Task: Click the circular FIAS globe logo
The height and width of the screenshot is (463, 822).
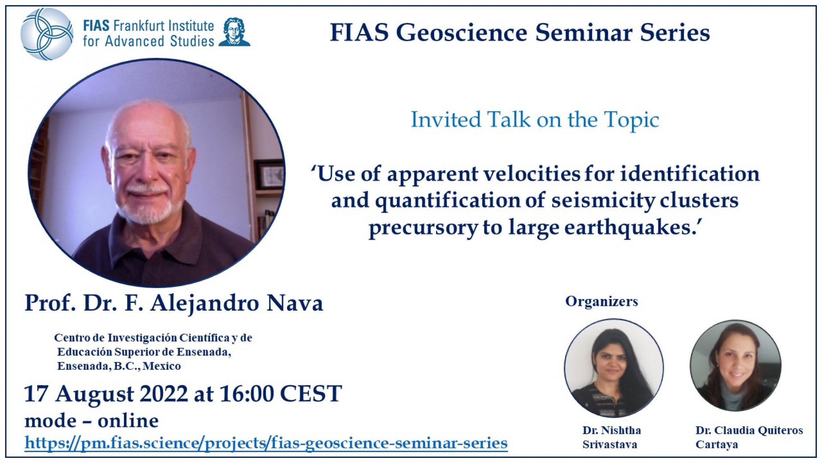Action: click(47, 34)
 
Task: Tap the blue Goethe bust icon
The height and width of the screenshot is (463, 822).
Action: click(234, 32)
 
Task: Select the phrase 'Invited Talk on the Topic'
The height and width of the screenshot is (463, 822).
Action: click(535, 120)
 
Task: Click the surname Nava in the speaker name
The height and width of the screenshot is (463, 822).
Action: click(295, 303)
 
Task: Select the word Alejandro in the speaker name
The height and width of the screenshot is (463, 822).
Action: click(204, 304)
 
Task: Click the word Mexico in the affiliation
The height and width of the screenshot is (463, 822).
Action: click(162, 366)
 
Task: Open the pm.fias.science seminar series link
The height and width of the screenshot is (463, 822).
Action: click(266, 443)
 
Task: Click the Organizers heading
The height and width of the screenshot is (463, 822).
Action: click(601, 302)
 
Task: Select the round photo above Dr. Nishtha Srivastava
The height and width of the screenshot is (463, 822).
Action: click(614, 368)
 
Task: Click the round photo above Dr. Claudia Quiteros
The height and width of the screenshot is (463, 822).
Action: click(736, 366)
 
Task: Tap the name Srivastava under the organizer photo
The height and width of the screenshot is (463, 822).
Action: click(610, 445)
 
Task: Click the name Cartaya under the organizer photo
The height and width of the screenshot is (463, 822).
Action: click(717, 445)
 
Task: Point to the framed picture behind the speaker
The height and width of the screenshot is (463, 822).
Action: click(271, 175)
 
